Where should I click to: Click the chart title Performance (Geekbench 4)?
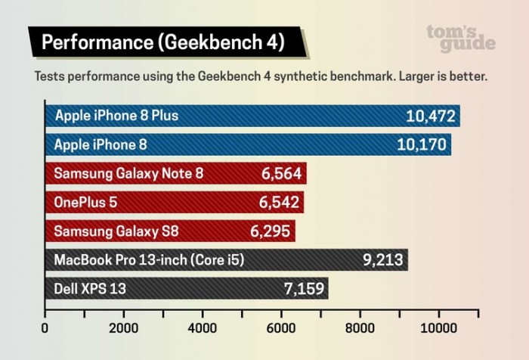tap(162, 42)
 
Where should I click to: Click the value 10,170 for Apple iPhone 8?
tap(421, 144)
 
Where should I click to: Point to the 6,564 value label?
tap(281, 174)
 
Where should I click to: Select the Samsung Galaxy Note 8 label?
tap(128, 174)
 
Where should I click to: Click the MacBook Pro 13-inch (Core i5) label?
tap(149, 259)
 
